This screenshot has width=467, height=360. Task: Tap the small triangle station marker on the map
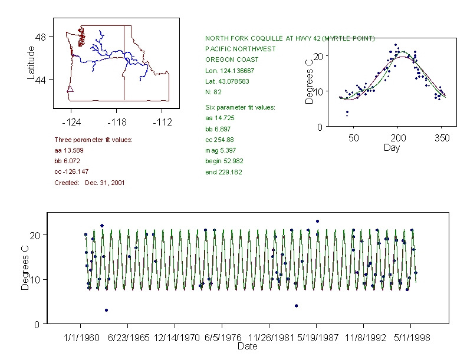[x=70, y=90]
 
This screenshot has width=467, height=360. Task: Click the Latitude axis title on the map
[x=31, y=62]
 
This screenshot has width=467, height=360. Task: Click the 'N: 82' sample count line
[x=213, y=92]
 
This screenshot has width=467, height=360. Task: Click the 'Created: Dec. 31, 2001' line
[x=89, y=183]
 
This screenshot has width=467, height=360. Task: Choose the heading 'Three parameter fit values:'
[x=93, y=140]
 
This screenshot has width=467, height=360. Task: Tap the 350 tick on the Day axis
[x=442, y=138]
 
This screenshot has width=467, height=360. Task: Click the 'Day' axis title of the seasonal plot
[x=392, y=147]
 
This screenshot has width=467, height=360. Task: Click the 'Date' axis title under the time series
[x=247, y=346]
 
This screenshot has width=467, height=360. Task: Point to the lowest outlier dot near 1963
[x=106, y=310]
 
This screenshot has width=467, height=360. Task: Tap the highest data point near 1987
[x=317, y=222]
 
